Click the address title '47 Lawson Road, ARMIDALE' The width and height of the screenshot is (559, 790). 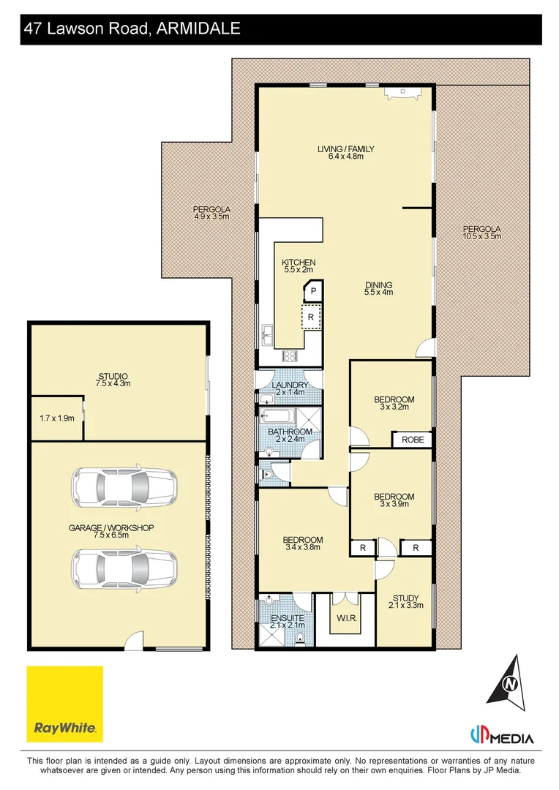tap(132, 29)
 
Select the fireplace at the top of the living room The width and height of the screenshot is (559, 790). tap(401, 93)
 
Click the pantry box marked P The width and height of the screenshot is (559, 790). tap(312, 291)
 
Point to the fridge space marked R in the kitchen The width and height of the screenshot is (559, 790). tap(311, 317)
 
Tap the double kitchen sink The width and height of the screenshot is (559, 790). tap(266, 338)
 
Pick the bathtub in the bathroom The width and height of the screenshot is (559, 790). tap(277, 418)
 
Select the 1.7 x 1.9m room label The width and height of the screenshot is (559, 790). tap(56, 418)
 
